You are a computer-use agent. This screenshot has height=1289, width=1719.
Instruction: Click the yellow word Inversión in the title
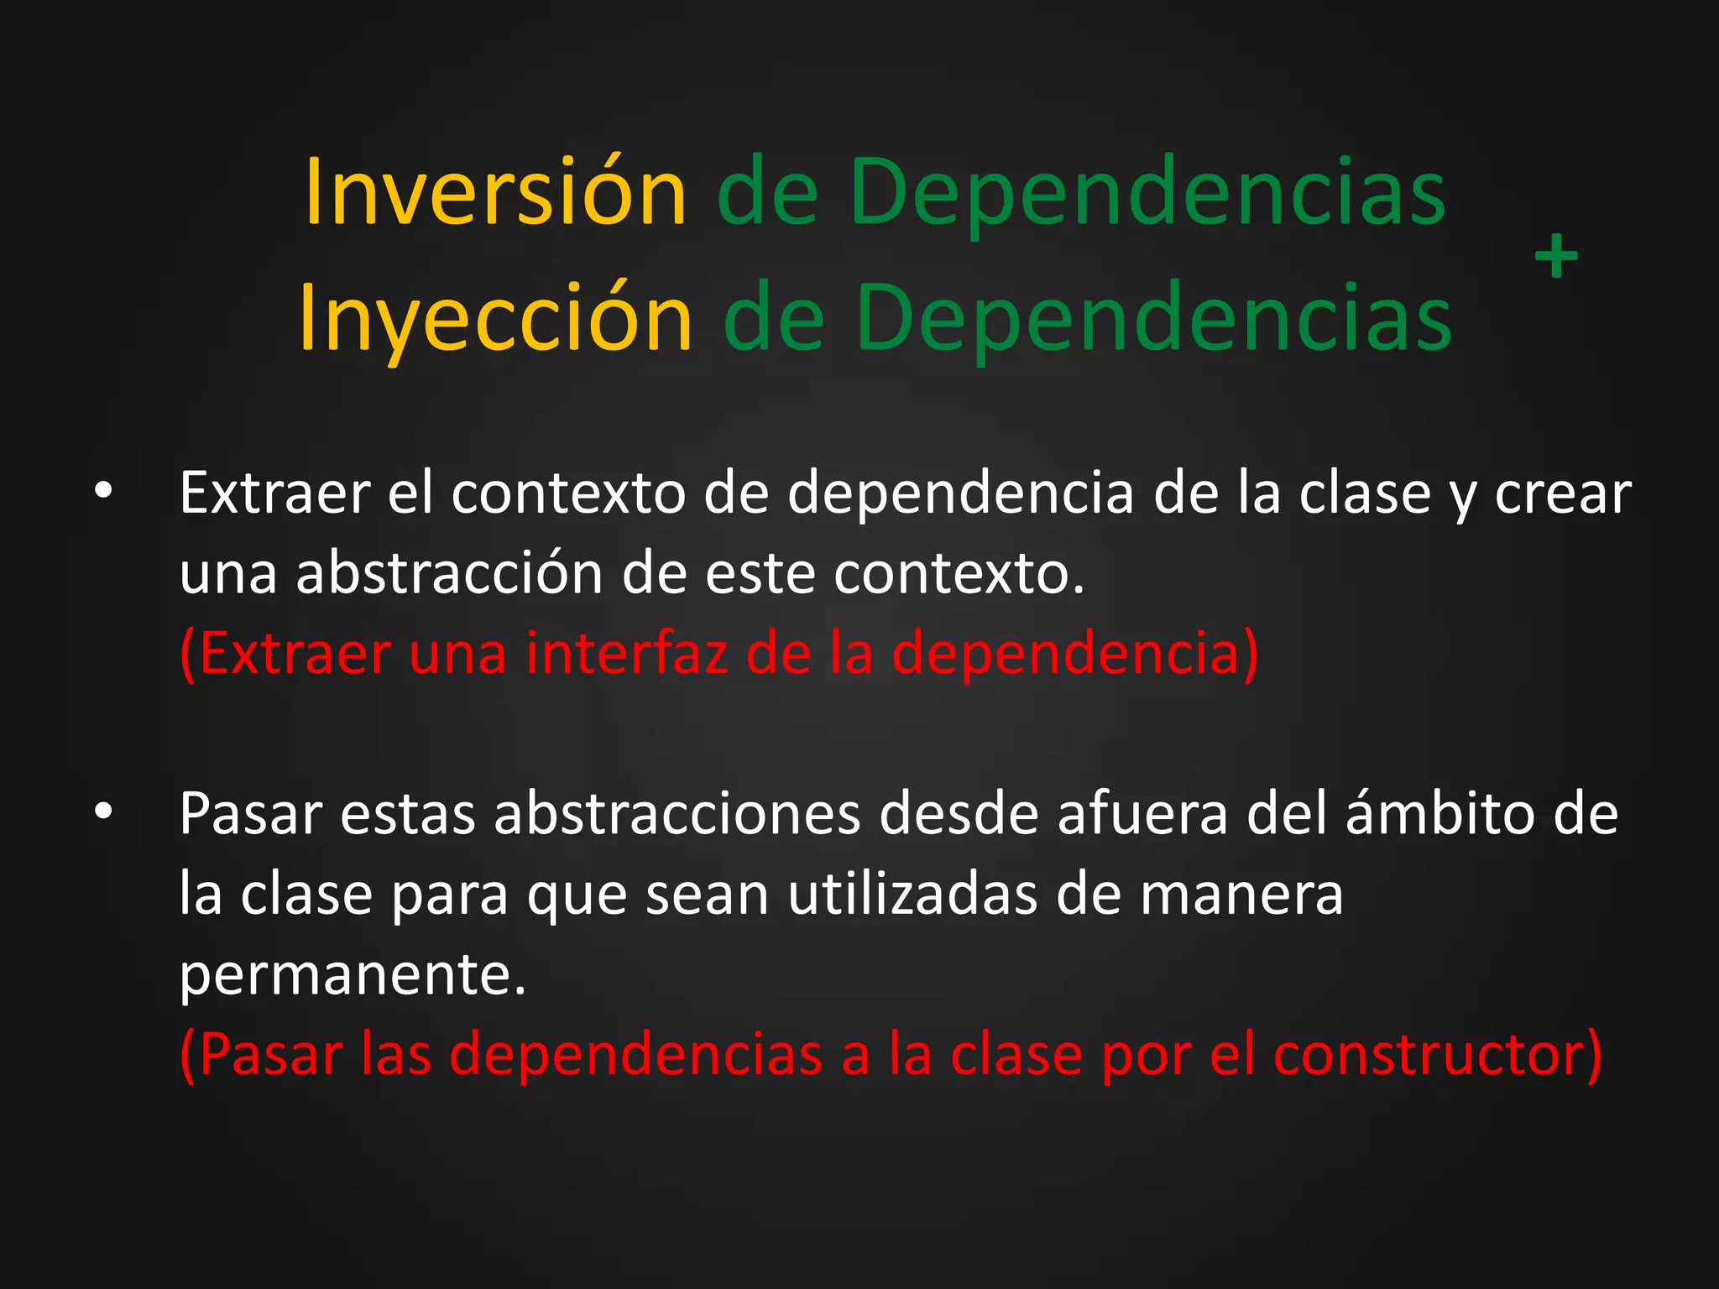coord(495,193)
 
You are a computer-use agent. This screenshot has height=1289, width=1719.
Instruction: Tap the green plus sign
coord(1556,257)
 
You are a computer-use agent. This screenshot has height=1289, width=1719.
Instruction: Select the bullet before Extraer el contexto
coord(103,493)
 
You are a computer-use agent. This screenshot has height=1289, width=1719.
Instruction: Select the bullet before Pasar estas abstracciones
coord(103,812)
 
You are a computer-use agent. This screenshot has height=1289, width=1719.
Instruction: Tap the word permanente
coord(353,975)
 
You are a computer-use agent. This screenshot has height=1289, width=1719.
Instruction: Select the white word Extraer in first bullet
coord(274,493)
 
